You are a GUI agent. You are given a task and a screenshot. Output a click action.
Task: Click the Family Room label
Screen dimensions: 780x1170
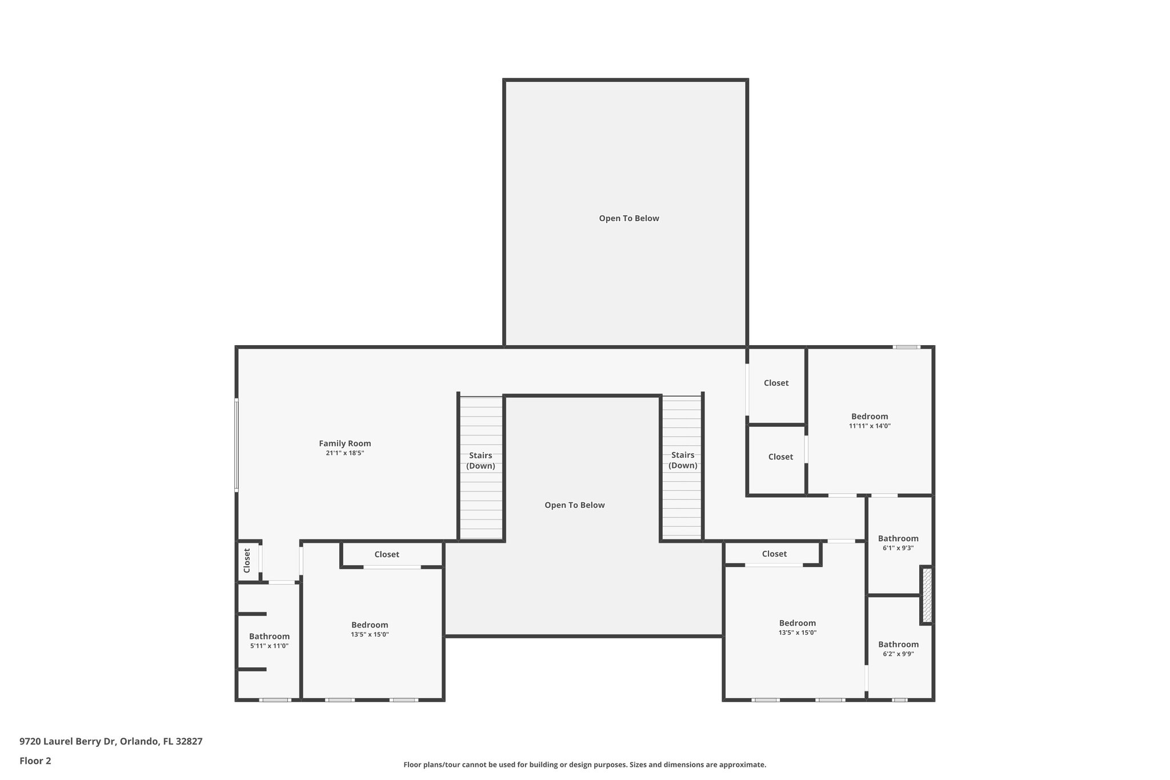(344, 443)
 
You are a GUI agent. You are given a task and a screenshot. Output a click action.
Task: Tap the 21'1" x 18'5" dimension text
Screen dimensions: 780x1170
(344, 453)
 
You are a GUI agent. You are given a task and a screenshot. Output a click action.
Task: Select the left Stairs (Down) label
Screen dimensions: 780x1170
(480, 461)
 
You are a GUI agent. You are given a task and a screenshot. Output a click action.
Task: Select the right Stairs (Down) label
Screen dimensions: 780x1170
(683, 460)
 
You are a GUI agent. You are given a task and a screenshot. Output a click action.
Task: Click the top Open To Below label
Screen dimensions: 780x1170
(628, 218)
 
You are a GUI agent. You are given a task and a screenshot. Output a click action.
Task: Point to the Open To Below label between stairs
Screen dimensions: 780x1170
(574, 505)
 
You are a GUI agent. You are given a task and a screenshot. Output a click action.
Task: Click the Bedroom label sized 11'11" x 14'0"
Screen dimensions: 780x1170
(870, 417)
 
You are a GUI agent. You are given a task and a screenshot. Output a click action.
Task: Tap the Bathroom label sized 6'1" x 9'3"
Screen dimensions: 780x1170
(898, 538)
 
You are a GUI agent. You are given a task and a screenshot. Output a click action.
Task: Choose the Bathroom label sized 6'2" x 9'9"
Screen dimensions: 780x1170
(898, 645)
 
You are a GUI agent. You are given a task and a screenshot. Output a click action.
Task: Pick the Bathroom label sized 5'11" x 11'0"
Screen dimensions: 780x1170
(269, 637)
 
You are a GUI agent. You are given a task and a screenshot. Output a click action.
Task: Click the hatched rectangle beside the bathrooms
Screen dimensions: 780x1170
(927, 595)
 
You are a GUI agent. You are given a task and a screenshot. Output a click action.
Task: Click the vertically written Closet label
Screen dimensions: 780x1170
(247, 561)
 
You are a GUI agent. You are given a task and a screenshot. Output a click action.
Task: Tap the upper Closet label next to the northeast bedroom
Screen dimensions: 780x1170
(776, 383)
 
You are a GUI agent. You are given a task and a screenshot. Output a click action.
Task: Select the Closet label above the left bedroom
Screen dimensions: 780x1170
(387, 554)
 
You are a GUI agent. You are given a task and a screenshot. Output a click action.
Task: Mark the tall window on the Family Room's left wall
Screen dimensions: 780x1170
(237, 445)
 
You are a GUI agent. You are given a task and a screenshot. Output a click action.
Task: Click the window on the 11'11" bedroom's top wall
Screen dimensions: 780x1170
(907, 347)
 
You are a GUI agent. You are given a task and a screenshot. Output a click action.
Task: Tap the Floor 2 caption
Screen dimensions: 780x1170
(35, 761)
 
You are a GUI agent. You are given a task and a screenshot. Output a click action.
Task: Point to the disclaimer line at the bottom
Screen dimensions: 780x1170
(584, 765)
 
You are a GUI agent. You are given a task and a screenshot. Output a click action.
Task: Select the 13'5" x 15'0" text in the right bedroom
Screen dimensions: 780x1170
(797, 633)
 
